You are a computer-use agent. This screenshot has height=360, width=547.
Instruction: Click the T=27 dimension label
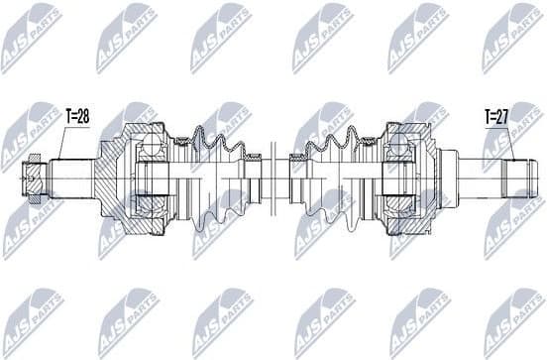click(498, 116)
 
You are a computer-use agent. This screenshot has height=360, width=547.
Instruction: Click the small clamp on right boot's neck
click(294, 179)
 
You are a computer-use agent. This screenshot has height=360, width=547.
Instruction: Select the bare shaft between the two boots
click(273, 179)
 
